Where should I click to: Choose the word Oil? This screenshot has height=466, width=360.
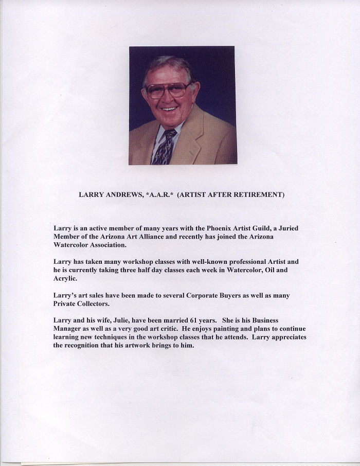pyautogui.click(x=269, y=270)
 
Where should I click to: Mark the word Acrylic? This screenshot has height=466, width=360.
pyautogui.click(x=65, y=278)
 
